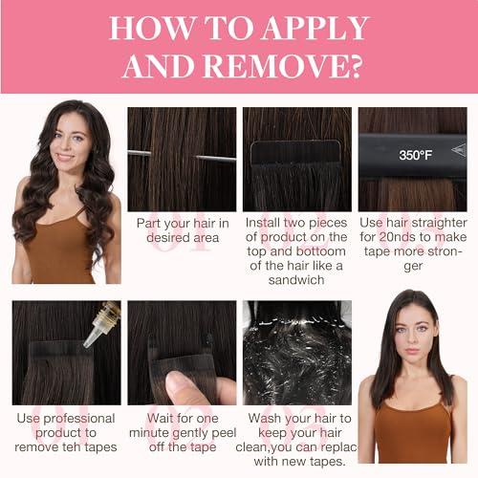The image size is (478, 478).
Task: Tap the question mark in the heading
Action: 348,66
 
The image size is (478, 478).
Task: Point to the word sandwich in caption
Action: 297,281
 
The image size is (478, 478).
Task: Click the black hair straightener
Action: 412,154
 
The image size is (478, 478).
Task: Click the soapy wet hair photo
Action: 297,354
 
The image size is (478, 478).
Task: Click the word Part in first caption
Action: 151,223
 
